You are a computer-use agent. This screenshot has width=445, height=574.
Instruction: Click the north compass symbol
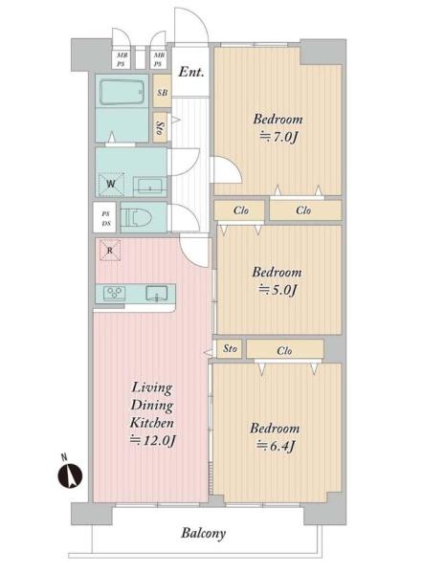pyautogui.click(x=70, y=475)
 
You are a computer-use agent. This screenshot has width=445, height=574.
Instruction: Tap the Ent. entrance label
pyautogui.click(x=190, y=72)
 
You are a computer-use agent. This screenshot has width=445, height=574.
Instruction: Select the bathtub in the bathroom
pyautogui.click(x=122, y=92)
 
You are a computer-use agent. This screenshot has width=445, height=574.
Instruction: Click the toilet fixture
pyautogui.click(x=136, y=218)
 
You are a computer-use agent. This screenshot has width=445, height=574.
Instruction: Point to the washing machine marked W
pyautogui.click(x=111, y=184)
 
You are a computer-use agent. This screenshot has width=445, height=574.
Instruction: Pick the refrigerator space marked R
pyautogui.click(x=110, y=250)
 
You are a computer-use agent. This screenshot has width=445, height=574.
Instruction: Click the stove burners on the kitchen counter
pyautogui.click(x=114, y=293)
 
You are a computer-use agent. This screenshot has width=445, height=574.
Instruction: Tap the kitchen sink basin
pyautogui.click(x=157, y=294)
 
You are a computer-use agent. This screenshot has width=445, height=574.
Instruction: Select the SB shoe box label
pyautogui.click(x=163, y=92)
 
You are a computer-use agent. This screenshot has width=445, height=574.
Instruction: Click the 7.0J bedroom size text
pyautogui.click(x=278, y=137)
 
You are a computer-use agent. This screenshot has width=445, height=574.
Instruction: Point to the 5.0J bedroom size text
pyautogui.click(x=278, y=290)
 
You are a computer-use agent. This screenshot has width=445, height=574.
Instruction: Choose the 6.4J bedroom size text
pyautogui.click(x=276, y=446)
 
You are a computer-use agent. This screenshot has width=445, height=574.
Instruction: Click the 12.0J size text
pyautogui.click(x=153, y=440)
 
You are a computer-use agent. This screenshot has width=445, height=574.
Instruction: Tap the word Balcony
pyautogui.click(x=203, y=533)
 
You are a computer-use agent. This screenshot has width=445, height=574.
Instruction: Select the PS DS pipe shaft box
pyautogui.click(x=104, y=218)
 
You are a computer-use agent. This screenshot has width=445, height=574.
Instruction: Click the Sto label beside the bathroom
pyautogui.click(x=160, y=128)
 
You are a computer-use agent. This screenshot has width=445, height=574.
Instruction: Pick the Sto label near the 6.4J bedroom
pyautogui.click(x=230, y=348)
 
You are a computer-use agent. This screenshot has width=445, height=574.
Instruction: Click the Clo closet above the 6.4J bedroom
pyautogui.click(x=284, y=349)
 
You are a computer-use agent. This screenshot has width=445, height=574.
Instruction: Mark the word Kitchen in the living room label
pyautogui.click(x=151, y=423)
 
